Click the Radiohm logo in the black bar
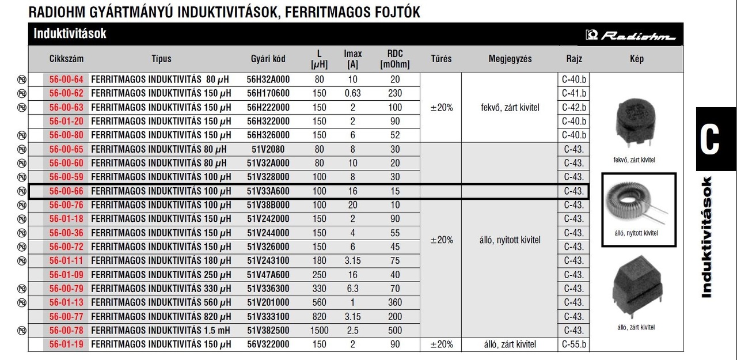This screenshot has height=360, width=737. tap(631, 36)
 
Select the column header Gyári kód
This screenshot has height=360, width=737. tap(268, 59)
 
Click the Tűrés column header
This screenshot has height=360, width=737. tap(441, 59)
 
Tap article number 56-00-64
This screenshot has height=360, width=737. tap(66, 79)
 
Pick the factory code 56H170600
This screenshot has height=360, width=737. tap(268, 93)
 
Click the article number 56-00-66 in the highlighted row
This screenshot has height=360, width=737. tap(66, 191)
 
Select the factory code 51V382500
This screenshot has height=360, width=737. tap(268, 331)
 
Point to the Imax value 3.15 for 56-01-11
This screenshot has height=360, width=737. tap(352, 261)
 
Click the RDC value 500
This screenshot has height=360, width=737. tap(394, 331)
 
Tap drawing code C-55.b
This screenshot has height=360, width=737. tap(574, 344)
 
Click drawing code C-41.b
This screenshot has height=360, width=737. tap(574, 93)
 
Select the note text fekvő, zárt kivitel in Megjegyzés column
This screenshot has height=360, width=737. tap(510, 108)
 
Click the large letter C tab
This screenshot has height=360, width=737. tap(711, 139)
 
